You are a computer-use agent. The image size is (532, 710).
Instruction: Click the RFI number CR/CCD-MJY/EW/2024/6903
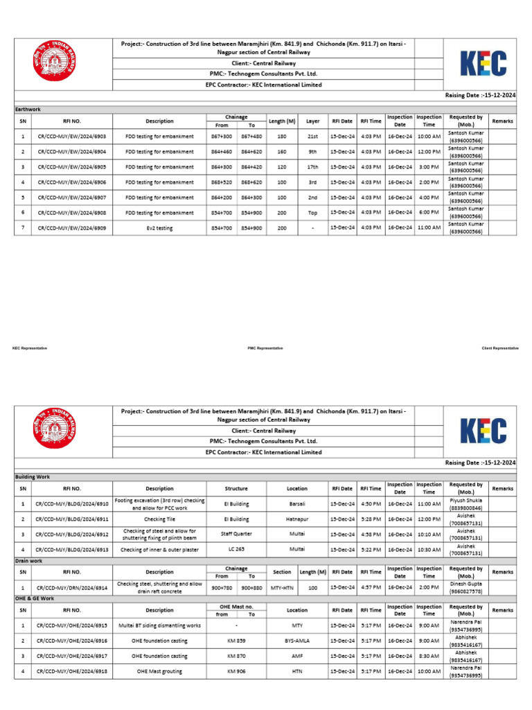(67, 137)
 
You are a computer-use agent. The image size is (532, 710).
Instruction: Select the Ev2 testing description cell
(159, 227)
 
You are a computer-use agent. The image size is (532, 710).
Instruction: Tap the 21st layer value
(312, 137)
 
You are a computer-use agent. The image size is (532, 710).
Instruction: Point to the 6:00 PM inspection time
(429, 212)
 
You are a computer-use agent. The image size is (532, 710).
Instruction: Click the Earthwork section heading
(28, 110)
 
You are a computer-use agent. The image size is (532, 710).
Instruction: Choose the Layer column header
(312, 121)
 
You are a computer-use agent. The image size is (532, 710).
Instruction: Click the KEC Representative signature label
(30, 347)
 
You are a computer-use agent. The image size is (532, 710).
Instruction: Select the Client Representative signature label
(500, 347)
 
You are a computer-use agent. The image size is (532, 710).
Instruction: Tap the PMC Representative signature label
(265, 347)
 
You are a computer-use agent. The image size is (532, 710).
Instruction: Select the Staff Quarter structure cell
(236, 534)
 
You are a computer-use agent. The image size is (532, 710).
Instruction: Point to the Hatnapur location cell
(297, 519)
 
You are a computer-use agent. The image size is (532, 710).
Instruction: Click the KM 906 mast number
(236, 671)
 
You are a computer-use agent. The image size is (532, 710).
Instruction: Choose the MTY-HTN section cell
(282, 587)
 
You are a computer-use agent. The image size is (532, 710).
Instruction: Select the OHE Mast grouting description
(159, 671)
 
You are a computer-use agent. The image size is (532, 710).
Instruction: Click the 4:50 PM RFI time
(371, 503)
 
